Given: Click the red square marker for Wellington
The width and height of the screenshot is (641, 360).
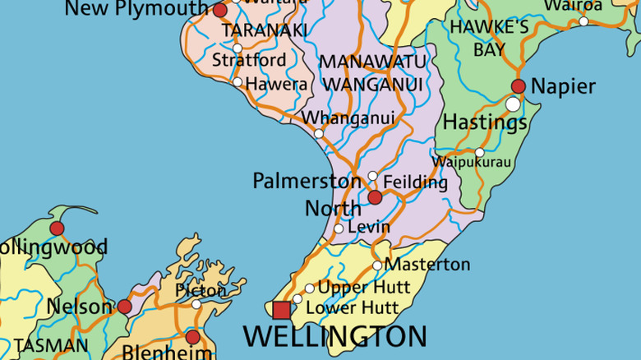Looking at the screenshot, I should (281, 310).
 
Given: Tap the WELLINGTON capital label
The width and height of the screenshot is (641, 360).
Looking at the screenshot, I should (335, 336).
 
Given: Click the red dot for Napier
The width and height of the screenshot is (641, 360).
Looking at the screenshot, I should (519, 86).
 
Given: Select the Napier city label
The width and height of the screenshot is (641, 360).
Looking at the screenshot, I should (563, 86).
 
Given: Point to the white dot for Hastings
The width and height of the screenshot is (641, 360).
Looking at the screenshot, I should (514, 104).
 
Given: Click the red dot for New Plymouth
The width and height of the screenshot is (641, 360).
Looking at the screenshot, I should (219, 11).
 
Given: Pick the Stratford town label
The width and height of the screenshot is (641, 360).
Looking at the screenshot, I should (249, 60).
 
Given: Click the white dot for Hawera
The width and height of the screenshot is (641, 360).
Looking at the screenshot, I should (237, 82).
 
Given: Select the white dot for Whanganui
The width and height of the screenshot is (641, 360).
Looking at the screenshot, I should (319, 133).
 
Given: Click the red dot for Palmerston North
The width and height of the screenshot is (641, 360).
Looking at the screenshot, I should (375, 197).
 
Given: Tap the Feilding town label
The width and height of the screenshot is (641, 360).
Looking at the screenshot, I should (415, 182).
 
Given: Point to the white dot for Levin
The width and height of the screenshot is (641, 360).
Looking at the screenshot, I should (339, 228).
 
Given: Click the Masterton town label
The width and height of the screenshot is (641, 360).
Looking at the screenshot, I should (427, 265).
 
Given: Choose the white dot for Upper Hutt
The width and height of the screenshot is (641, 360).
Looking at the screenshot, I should (309, 288).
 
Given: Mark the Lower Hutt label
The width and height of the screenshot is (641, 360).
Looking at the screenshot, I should (352, 308).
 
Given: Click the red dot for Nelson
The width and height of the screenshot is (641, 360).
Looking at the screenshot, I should (124, 307).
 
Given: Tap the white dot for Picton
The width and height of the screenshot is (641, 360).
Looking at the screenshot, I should (196, 304).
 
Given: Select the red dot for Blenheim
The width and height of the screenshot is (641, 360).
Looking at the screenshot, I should (192, 337).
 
